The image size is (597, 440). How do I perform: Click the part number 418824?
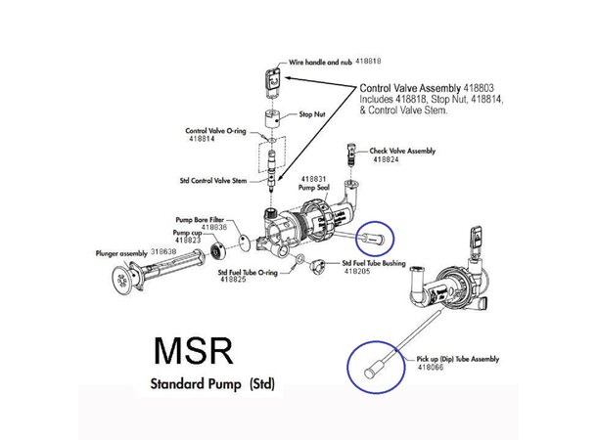click(x=387, y=159)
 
